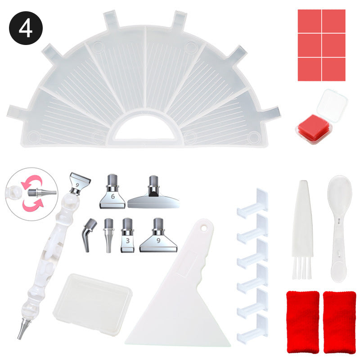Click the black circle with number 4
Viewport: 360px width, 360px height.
[26, 28]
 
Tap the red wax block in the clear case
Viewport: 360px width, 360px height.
[314, 129]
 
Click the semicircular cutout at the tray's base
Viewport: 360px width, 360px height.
[144, 129]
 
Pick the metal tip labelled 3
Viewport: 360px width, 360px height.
[127, 235]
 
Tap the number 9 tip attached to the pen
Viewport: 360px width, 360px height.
[79, 184]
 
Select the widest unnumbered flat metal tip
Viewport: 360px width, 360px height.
[153, 193]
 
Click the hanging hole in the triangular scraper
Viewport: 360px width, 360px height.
[204, 228]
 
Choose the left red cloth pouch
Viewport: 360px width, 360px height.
[303, 322]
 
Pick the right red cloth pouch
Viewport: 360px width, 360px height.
[339, 322]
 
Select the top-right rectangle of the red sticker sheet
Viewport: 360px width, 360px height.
[334, 21]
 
